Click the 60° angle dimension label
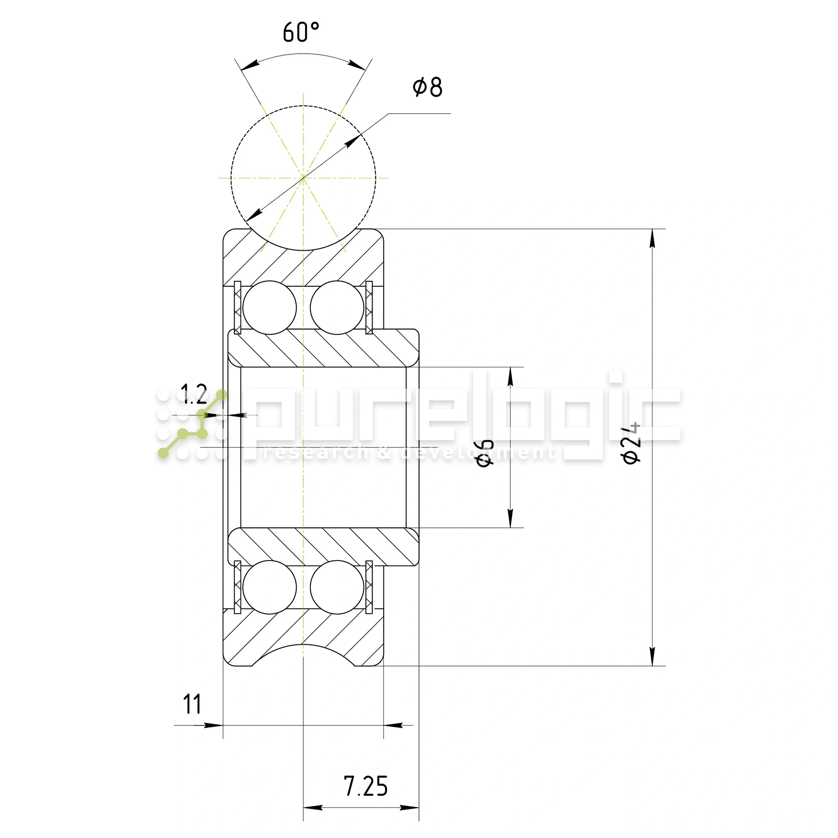pyautogui.click(x=301, y=32)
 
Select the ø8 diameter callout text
pyautogui.click(x=427, y=87)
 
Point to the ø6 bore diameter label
pyautogui.click(x=485, y=453)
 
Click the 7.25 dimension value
pyautogui.click(x=366, y=786)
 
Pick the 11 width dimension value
pyautogui.click(x=192, y=704)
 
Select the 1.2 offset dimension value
pyautogui.click(x=194, y=394)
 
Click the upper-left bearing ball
pyautogui.click(x=269, y=308)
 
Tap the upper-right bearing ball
pyautogui.click(x=337, y=308)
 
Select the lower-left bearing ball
pyautogui.click(x=269, y=587)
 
